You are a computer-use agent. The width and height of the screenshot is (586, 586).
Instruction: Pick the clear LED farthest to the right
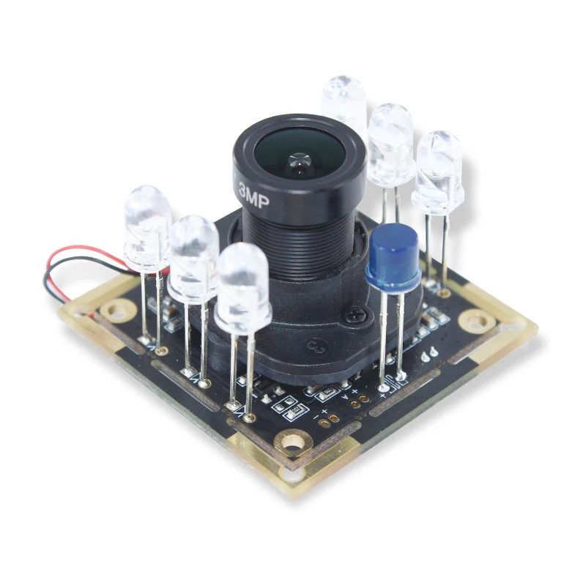click(439, 170)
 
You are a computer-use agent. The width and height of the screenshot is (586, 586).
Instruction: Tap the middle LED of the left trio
click(193, 256)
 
